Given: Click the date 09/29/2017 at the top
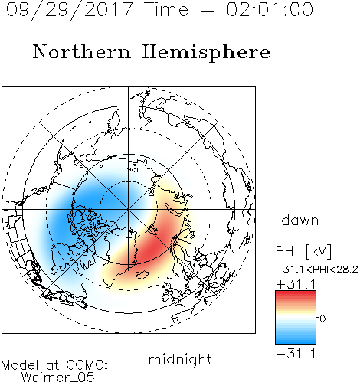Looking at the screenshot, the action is point(69,10).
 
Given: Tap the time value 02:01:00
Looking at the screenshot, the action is point(270,9).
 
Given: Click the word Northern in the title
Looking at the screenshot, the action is point(82,51).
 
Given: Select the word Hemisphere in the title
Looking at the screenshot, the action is point(206,53).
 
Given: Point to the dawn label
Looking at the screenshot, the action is point(300,220).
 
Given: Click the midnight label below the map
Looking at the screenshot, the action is point(180,359).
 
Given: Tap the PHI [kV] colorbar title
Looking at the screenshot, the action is point(303,251).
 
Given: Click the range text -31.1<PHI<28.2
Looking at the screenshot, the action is point(317,270).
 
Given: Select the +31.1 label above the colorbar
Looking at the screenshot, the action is point(296,284).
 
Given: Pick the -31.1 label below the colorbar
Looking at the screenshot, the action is point(296,354).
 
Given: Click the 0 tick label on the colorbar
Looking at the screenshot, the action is point(322,319).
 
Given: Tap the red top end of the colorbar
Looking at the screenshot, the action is point(296,293).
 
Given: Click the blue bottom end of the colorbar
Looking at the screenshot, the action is point(296,342).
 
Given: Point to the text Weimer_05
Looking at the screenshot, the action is point(58,378).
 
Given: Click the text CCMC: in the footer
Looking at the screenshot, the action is point(87,365).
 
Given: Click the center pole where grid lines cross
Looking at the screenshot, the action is point(128,210).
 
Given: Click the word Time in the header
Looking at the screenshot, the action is point(166,9).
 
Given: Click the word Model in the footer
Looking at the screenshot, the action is point(20,365).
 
